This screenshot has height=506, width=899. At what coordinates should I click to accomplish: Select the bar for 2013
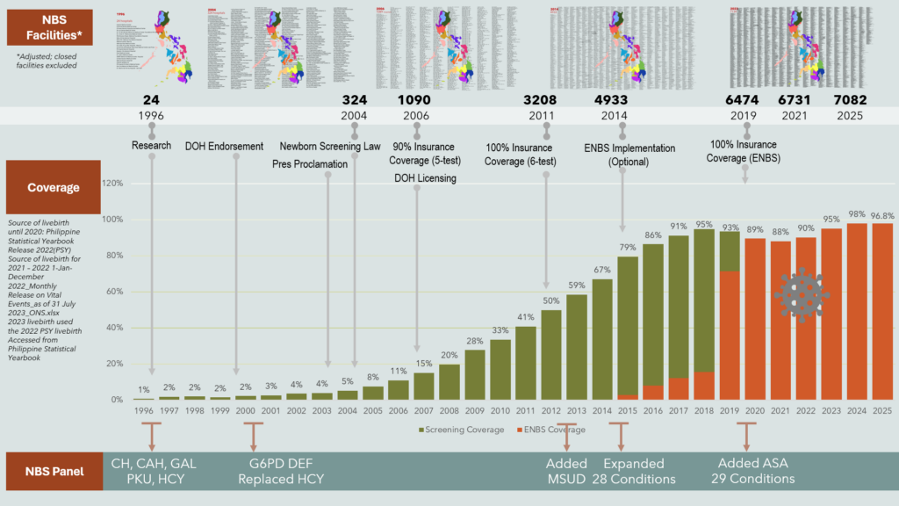[577, 347]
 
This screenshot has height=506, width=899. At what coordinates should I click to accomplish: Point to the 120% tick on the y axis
[112, 184]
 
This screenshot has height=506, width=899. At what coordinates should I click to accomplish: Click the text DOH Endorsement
[224, 146]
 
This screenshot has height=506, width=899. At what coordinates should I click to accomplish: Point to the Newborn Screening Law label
[330, 146]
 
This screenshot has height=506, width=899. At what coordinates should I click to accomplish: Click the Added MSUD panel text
[566, 471]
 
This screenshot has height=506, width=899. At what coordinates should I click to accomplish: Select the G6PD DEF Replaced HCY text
[280, 471]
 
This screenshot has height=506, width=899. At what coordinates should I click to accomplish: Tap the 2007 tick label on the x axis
[423, 409]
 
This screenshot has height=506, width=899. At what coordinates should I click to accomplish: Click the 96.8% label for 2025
[883, 215]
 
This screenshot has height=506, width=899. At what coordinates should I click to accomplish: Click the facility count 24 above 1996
[152, 100]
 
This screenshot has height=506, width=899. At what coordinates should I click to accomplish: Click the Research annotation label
[151, 146]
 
